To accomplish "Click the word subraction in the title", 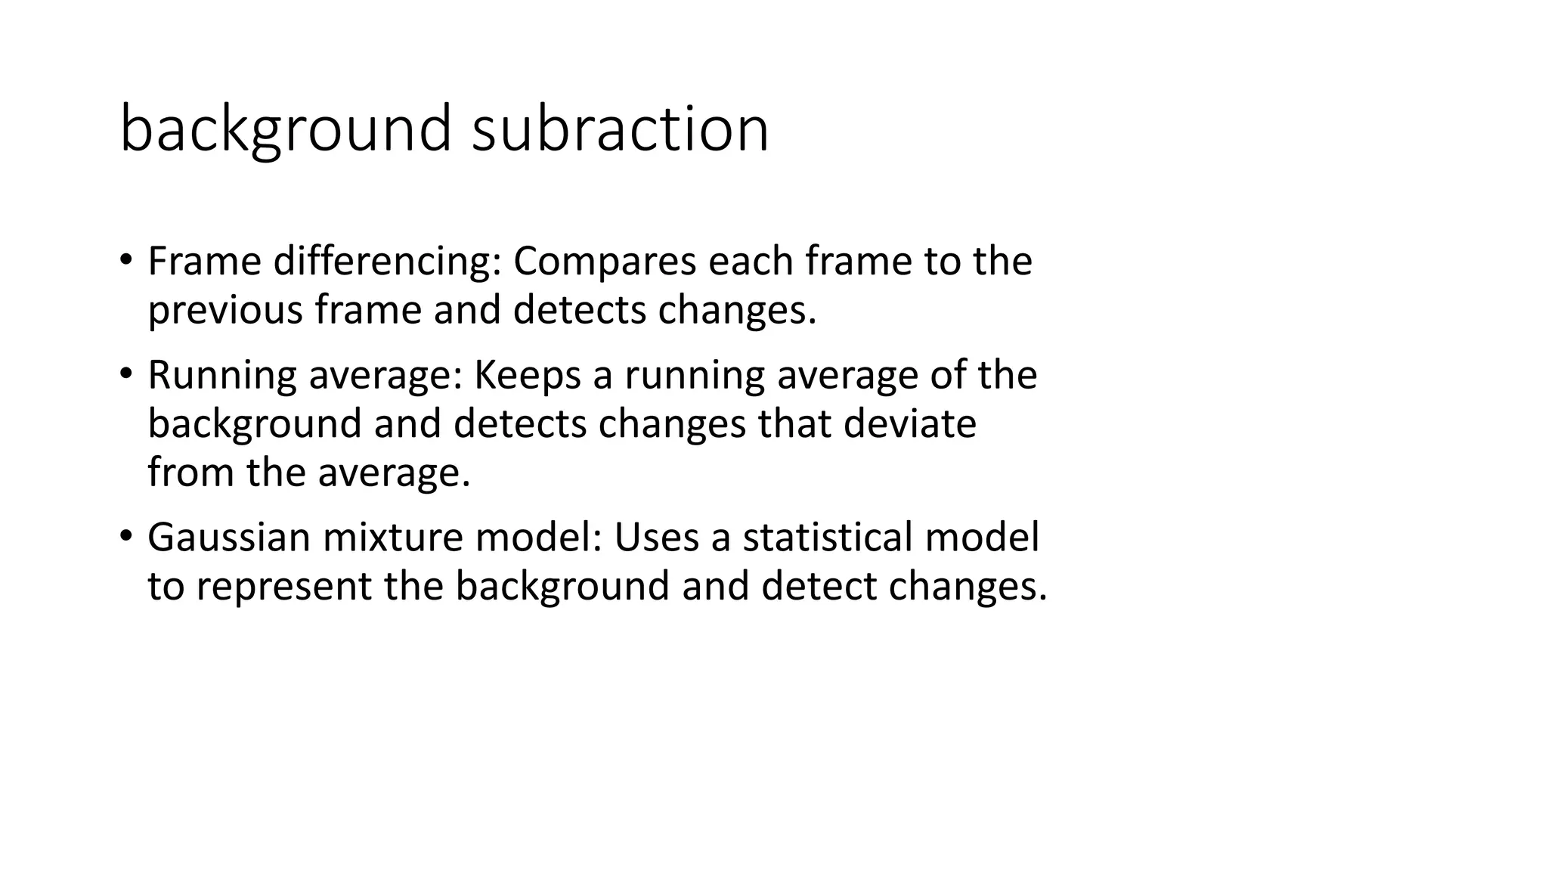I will point(620,129).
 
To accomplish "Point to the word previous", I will point(225,310).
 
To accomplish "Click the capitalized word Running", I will point(222,377).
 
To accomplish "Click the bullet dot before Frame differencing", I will point(125,262).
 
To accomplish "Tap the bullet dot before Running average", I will point(125,375).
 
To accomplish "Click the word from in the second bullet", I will point(190,473).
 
